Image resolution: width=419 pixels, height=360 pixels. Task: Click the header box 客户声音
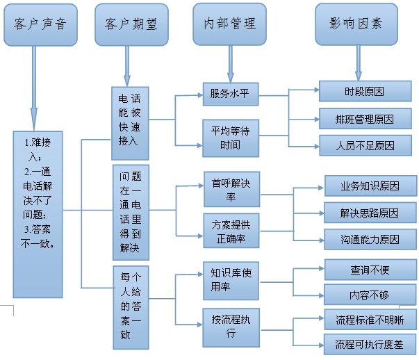40,24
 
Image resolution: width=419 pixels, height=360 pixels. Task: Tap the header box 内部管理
229,24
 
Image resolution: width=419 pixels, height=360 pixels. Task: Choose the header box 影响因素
356,24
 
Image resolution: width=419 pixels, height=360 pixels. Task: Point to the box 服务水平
230,94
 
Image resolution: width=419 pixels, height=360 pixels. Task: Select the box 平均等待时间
230,137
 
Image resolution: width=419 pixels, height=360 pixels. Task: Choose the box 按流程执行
231,325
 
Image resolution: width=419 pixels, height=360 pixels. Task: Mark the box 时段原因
365,92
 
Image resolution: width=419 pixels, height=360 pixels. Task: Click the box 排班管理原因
365,119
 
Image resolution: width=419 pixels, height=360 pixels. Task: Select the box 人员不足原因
365,145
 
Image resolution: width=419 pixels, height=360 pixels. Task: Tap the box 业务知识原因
370,186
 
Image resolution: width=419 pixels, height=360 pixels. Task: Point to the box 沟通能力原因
370,240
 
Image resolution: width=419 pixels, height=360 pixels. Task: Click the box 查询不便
370,269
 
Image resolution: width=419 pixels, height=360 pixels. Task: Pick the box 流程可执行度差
370,344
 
